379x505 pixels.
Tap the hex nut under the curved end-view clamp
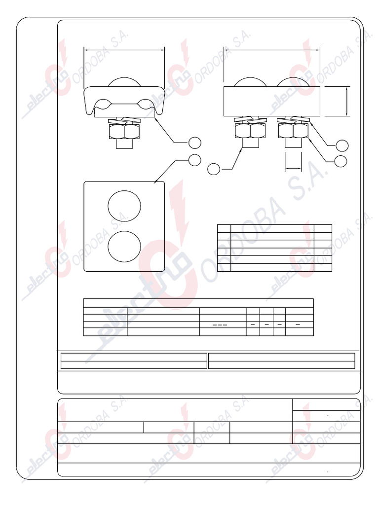(x=124, y=131)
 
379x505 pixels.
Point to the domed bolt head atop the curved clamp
(x=124, y=82)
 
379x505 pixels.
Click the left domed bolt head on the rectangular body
(x=250, y=82)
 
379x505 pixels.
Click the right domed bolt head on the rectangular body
(x=293, y=82)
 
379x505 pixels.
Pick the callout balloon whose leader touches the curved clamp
(x=194, y=143)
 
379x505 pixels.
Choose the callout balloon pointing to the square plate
(x=194, y=160)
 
